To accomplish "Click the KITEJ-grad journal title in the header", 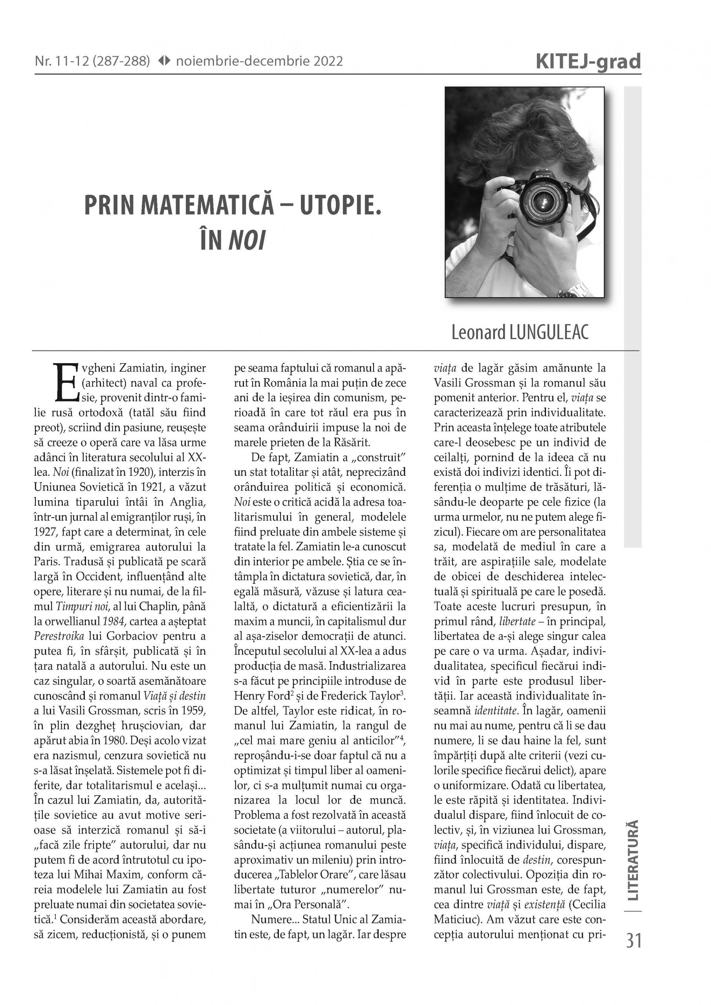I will click(x=588, y=62).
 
